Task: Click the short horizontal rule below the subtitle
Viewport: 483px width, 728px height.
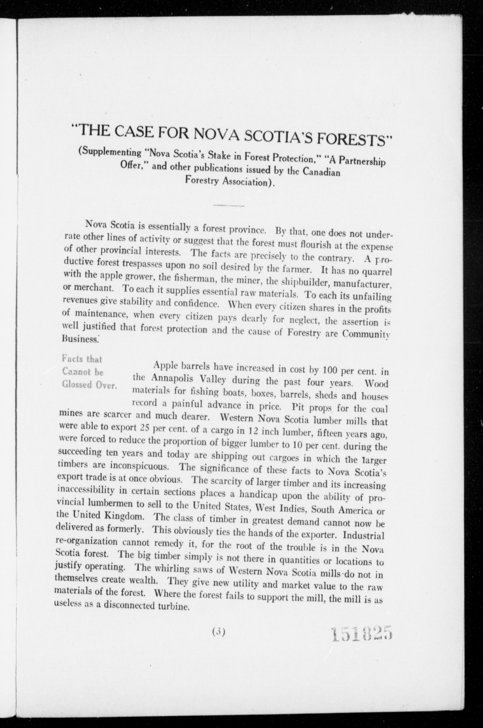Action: (229, 205)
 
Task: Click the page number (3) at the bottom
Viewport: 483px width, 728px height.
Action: (219, 632)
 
